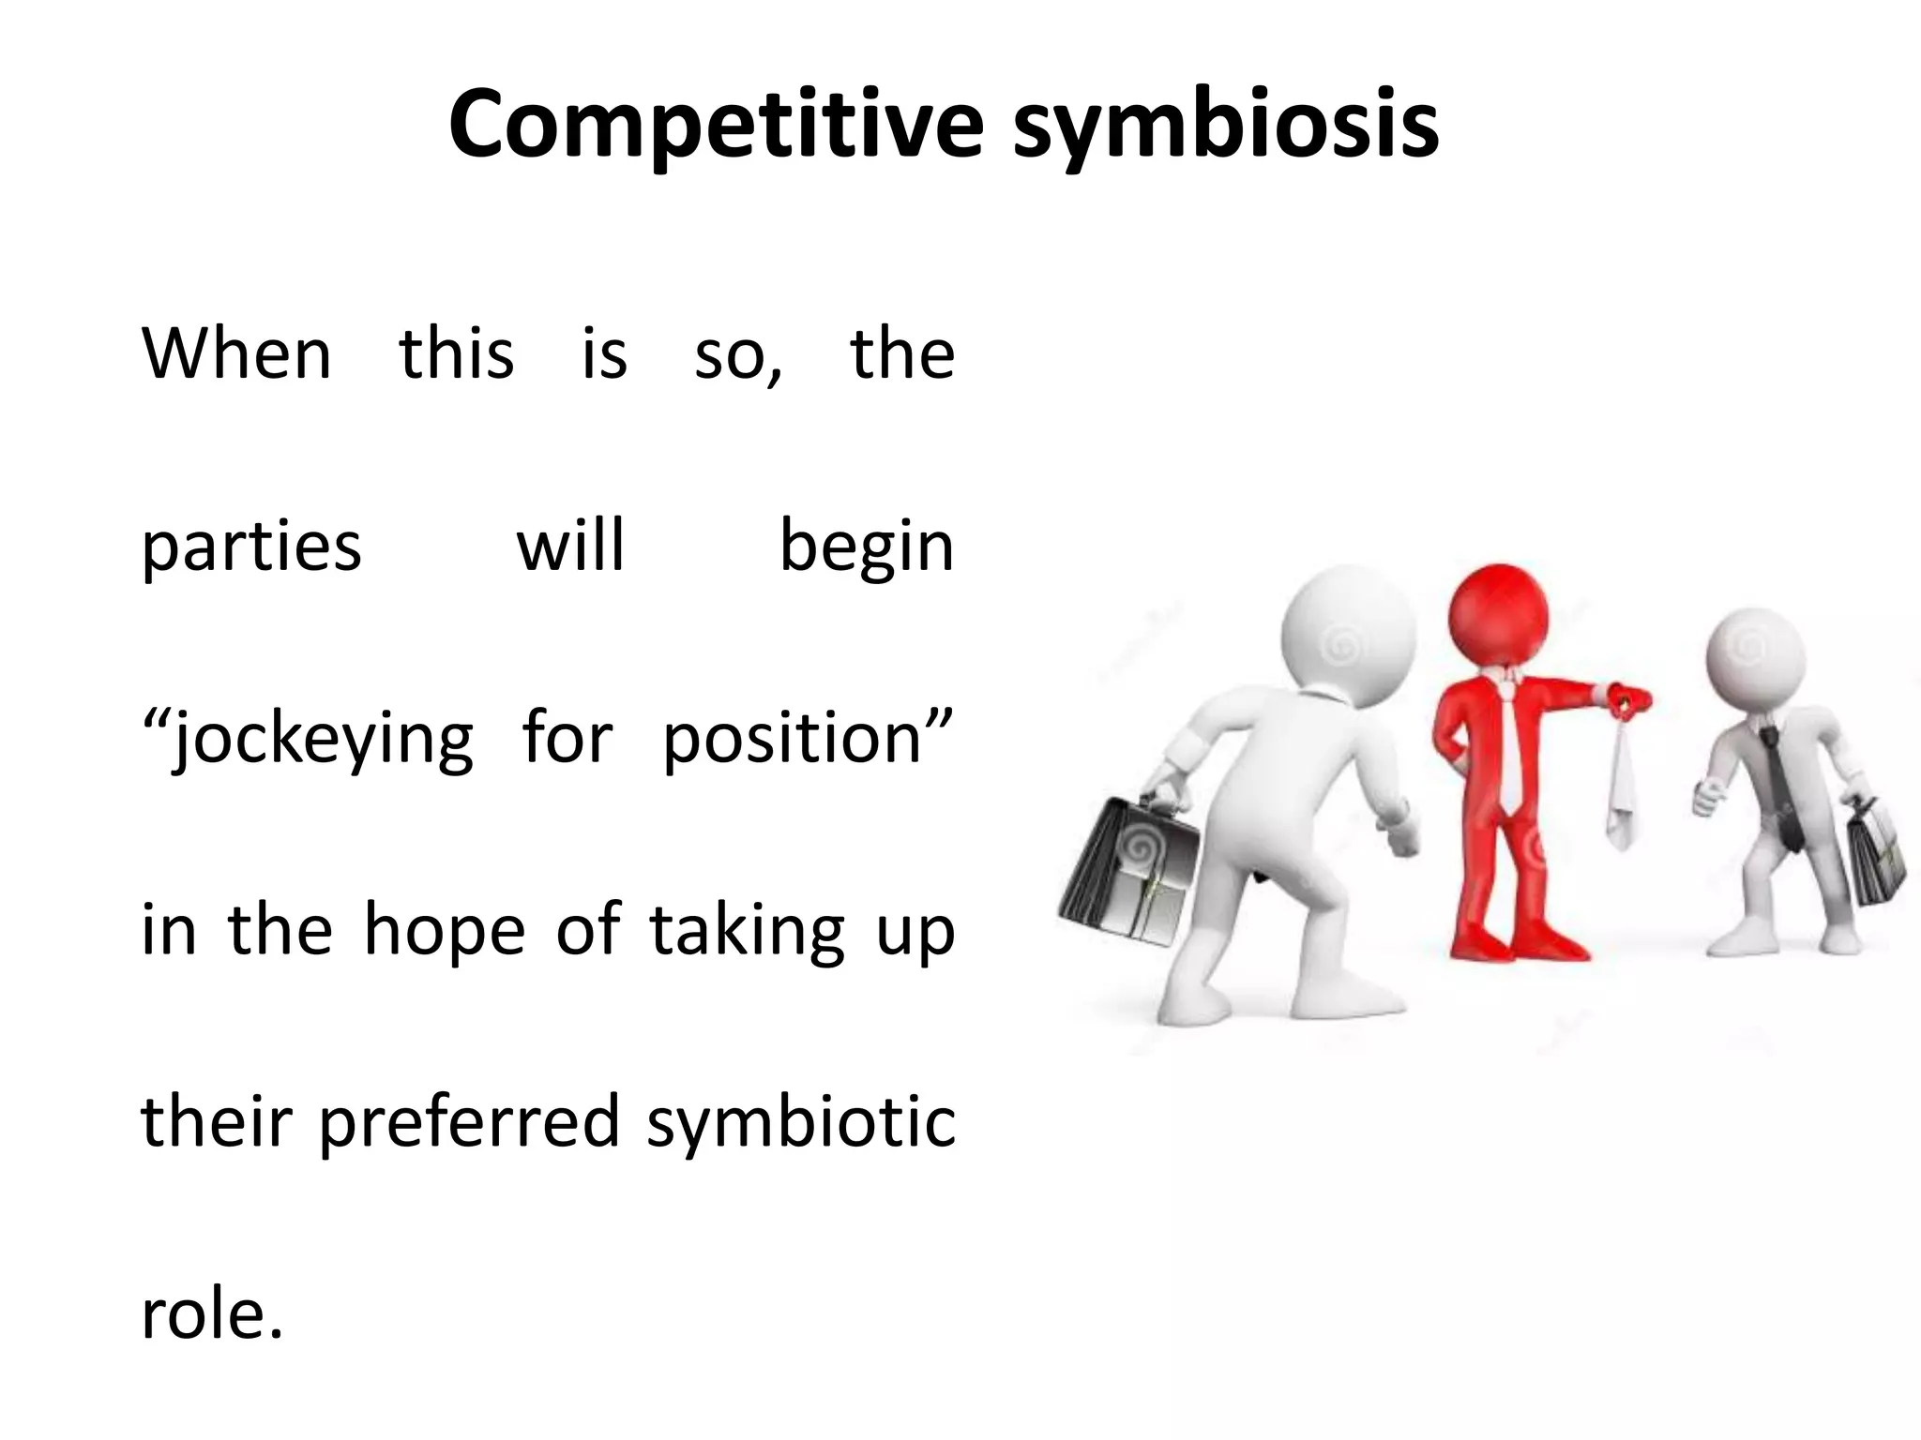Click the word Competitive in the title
click(x=716, y=125)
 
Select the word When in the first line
click(x=236, y=355)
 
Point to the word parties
click(x=250, y=547)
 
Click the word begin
click(x=866, y=547)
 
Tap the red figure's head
click(x=1499, y=615)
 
